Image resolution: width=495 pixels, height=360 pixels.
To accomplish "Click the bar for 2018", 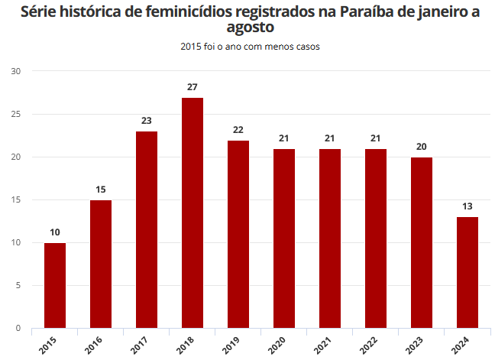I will pyautogui.click(x=192, y=213).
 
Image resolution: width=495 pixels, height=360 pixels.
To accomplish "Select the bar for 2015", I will pyautogui.click(x=55, y=286).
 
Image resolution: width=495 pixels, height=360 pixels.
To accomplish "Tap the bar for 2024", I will pyautogui.click(x=467, y=273).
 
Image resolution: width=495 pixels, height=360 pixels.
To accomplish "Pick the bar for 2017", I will pyautogui.click(x=147, y=230).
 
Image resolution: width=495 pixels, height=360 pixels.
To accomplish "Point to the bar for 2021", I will pyautogui.click(x=330, y=238).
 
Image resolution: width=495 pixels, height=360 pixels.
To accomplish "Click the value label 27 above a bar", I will pyautogui.click(x=192, y=87).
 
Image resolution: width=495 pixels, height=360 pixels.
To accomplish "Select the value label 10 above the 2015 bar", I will pyautogui.click(x=55, y=232).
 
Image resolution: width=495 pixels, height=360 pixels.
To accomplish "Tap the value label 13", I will pyautogui.click(x=467, y=206).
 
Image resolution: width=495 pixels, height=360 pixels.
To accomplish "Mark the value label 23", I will pyautogui.click(x=147, y=121).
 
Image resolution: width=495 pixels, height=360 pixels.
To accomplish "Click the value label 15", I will pyautogui.click(x=101, y=190).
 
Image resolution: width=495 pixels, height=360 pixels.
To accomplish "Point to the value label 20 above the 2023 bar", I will pyautogui.click(x=422, y=147).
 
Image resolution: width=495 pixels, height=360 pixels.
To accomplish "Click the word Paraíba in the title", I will pyautogui.click(x=358, y=12).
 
